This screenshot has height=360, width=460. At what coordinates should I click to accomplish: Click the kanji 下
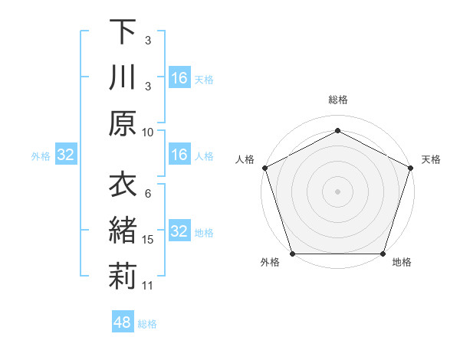[123, 32]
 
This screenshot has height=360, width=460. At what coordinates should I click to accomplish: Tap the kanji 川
[123, 78]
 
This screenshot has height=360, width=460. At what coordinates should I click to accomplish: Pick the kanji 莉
[123, 277]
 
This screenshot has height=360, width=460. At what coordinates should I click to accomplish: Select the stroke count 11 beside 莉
[148, 286]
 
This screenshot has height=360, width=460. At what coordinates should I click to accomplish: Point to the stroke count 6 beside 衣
[148, 194]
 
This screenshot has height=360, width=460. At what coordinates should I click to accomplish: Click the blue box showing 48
[122, 322]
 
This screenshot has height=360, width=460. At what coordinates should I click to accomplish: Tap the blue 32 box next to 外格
[65, 155]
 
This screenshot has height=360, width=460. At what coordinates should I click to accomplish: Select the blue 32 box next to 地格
[179, 231]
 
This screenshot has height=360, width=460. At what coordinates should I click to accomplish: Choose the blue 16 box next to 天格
[179, 78]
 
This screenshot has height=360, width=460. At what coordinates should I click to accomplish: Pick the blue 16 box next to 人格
[179, 155]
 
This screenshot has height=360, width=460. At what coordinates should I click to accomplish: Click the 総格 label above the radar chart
[337, 100]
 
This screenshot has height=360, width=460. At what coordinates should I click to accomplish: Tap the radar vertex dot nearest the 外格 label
[292, 254]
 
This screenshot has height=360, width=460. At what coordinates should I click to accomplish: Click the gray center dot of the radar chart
[337, 191]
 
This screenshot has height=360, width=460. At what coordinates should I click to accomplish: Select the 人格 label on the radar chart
[245, 159]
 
